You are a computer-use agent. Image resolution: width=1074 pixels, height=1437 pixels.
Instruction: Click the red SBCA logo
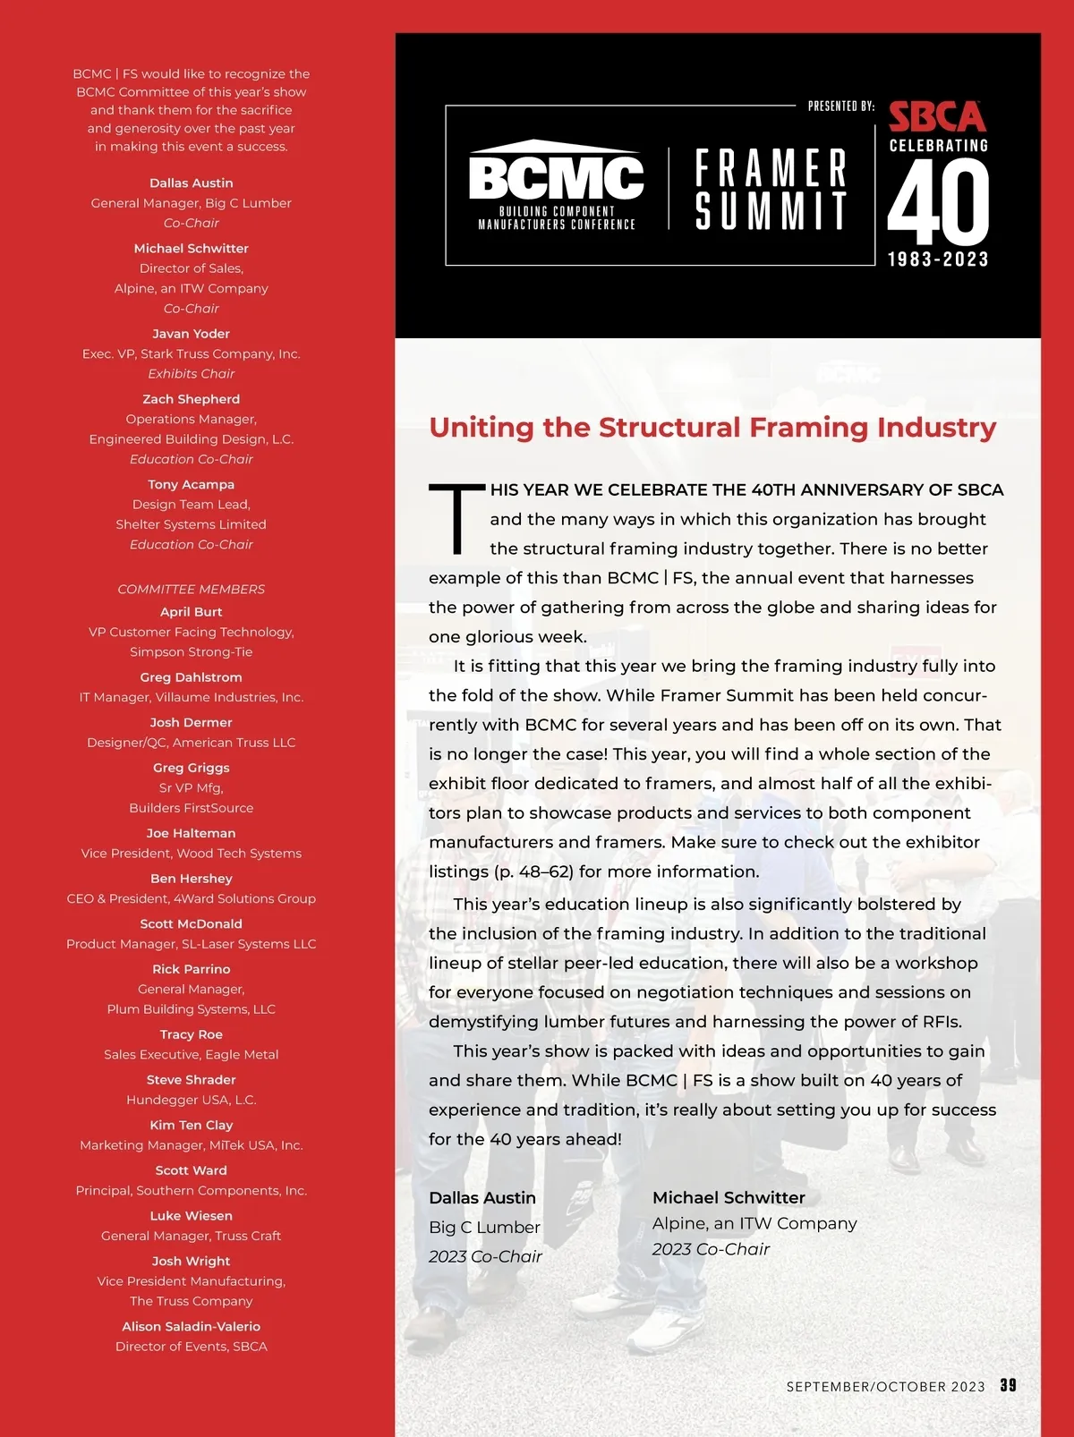(937, 117)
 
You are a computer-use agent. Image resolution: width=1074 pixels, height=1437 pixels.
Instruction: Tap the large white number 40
(938, 205)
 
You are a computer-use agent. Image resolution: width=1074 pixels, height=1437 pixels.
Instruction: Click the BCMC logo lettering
(556, 178)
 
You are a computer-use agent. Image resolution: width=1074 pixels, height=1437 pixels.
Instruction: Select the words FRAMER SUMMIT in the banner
(771, 190)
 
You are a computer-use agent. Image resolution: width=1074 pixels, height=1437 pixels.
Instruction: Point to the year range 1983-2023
(938, 259)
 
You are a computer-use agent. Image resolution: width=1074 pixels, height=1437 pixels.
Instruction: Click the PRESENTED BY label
(840, 106)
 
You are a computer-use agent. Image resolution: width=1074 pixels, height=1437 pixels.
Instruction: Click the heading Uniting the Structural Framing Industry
(712, 428)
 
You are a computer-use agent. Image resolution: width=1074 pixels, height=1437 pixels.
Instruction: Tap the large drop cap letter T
(456, 519)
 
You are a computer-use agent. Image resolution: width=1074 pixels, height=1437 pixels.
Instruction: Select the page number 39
(1008, 1385)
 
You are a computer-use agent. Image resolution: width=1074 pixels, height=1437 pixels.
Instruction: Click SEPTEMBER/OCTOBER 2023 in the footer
(885, 1387)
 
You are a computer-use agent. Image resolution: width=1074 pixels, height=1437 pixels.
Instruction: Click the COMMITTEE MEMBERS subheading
(191, 590)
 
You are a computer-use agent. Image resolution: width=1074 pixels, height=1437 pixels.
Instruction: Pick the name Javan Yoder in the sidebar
(191, 334)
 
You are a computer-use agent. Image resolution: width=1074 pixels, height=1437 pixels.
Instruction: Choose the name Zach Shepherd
(191, 399)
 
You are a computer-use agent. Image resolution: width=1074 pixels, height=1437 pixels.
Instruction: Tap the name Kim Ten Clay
(191, 1125)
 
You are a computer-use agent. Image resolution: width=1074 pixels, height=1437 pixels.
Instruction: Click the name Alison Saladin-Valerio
(191, 1326)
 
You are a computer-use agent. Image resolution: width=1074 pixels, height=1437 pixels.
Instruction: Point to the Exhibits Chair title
(191, 374)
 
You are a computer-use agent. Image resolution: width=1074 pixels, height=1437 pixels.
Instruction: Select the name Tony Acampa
(191, 484)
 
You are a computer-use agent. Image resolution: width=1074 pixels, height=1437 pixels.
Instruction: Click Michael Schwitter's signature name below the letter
(729, 1197)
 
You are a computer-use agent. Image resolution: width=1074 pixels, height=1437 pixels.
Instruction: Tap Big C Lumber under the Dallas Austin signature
(484, 1228)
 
